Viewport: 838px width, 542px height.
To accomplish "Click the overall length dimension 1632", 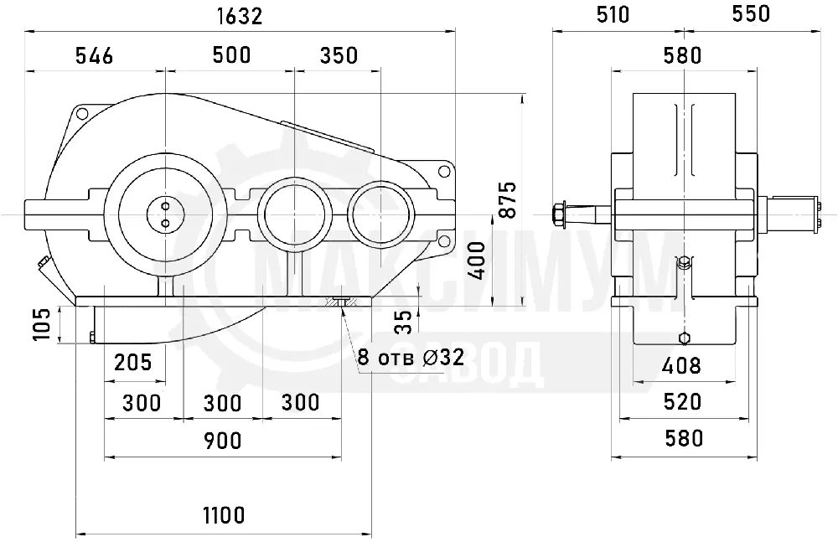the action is [240, 17].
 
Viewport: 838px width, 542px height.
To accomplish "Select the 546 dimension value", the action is [94, 55].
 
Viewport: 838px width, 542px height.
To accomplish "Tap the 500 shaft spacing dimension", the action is [231, 55].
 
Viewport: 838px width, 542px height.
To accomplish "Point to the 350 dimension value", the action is [339, 55].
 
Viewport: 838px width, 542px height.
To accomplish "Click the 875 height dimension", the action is [508, 200].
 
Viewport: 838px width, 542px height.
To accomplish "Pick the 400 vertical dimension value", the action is [476, 261].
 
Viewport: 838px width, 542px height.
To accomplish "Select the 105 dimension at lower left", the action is [42, 324].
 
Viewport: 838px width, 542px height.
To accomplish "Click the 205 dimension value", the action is [133, 363].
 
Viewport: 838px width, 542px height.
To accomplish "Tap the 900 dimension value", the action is [222, 441].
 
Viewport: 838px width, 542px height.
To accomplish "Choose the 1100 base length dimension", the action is [224, 516].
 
